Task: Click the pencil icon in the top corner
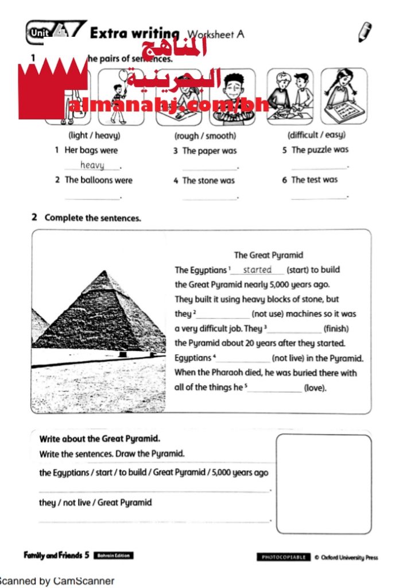tap(365, 32)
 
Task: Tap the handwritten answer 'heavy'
tap(92, 165)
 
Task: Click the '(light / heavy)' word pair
tap(94, 136)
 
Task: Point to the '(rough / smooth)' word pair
tap(205, 136)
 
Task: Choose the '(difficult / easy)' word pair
tap(316, 136)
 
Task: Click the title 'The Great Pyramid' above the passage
tap(268, 255)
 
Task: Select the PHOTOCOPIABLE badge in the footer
tap(284, 557)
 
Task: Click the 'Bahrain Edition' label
tap(113, 555)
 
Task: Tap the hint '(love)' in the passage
tap(315, 388)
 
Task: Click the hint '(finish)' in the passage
tap(336, 329)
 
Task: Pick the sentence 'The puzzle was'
tap(320, 150)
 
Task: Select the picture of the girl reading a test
tap(343, 96)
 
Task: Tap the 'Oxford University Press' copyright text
tap(350, 557)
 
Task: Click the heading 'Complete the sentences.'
tap(92, 218)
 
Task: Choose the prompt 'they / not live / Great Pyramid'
tap(95, 502)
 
